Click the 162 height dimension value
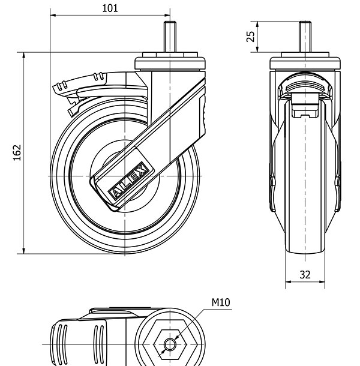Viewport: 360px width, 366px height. point(17,153)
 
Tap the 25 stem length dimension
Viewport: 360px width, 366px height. point(251,37)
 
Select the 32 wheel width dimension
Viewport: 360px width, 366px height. point(305,275)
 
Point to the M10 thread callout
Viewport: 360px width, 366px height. point(221,302)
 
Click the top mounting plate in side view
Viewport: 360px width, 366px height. point(172,62)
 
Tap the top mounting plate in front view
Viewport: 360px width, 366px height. point(305,62)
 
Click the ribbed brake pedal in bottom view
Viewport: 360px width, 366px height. point(78,342)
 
